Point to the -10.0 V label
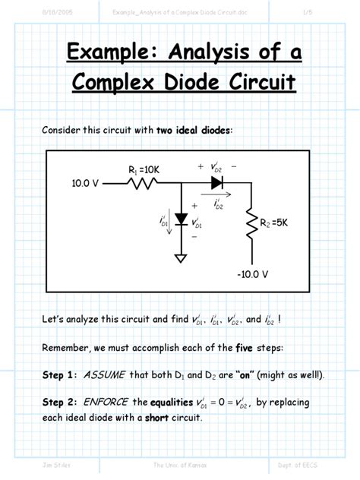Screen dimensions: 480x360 coord(251,273)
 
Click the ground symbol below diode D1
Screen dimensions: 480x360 coord(181,257)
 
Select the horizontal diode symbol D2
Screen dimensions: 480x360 coord(216,182)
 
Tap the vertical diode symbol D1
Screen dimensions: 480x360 coord(181,219)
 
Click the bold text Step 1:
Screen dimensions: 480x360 coord(59,375)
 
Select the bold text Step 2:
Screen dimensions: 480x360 coord(59,402)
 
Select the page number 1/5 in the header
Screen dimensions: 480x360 coord(308,11)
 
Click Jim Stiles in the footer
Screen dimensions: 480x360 coord(56,464)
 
